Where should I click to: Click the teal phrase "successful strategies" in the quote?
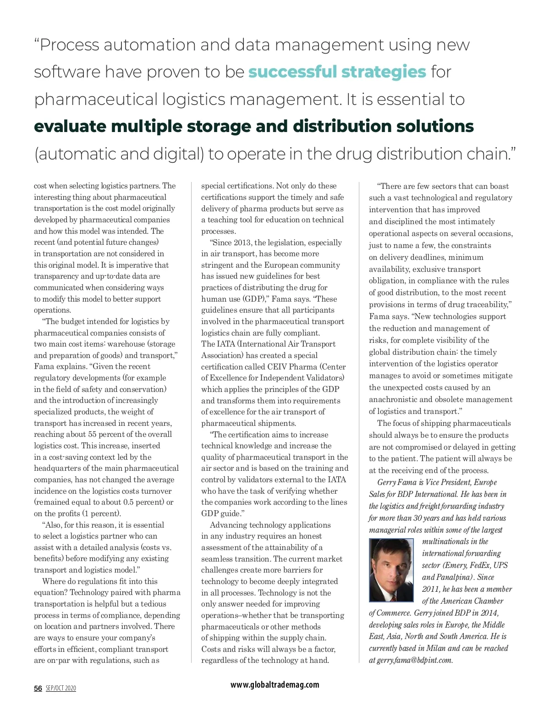click(x=337, y=72)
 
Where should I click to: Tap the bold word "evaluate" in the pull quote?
click(x=70, y=127)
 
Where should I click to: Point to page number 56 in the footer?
click(x=38, y=688)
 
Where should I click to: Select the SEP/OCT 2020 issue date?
click(x=61, y=688)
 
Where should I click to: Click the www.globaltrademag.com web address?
click(x=275, y=684)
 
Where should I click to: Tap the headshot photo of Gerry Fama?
click(x=391, y=570)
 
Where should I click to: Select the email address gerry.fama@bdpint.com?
click(x=414, y=660)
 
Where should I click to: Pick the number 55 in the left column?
click(x=92, y=434)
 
